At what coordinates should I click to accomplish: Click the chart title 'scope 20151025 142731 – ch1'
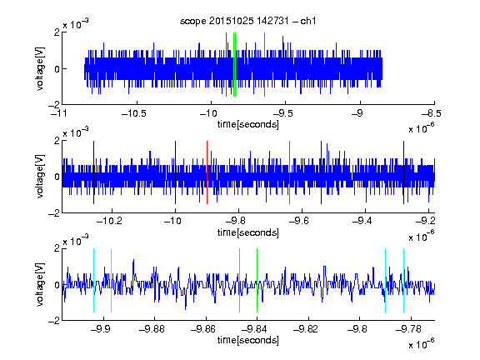click(248, 21)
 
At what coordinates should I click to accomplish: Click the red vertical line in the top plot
click(226, 65)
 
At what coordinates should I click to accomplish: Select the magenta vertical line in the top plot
click(264, 65)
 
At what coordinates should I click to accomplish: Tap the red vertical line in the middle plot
click(207, 172)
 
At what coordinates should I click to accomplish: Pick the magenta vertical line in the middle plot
click(290, 172)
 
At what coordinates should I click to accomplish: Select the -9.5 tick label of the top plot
click(282, 114)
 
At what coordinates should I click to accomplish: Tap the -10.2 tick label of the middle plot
click(109, 221)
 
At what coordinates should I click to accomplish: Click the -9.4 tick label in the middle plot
click(362, 221)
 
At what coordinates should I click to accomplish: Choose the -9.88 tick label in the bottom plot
click(152, 329)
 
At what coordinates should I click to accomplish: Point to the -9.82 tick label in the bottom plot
click(306, 329)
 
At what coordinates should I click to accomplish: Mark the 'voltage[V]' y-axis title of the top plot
click(40, 68)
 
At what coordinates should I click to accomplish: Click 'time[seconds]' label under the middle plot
click(248, 232)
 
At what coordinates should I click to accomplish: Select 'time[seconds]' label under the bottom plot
click(248, 340)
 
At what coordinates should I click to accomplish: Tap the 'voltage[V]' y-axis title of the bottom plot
click(40, 284)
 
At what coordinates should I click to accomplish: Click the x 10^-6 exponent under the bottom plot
click(421, 344)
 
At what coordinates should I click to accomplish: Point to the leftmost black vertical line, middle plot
click(93, 172)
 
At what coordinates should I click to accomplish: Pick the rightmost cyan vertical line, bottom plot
click(404, 280)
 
